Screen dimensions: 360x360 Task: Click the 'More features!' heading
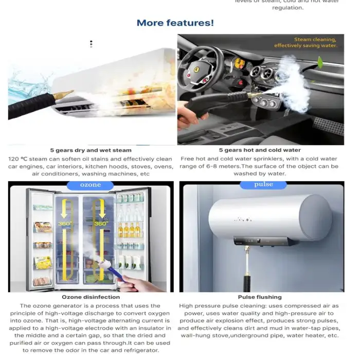[x=175, y=23]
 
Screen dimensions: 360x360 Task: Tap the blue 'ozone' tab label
[x=91, y=185]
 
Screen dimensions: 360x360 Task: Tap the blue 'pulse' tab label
[x=263, y=185]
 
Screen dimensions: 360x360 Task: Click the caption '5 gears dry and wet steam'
[x=91, y=150]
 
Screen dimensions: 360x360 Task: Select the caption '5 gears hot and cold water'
[x=260, y=150]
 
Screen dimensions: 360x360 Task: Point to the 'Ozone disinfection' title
[x=91, y=297]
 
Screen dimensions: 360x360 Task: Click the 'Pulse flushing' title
[x=260, y=297]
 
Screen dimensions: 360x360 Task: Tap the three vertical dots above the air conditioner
[x=91, y=44]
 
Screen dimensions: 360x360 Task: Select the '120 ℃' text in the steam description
[x=19, y=159]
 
